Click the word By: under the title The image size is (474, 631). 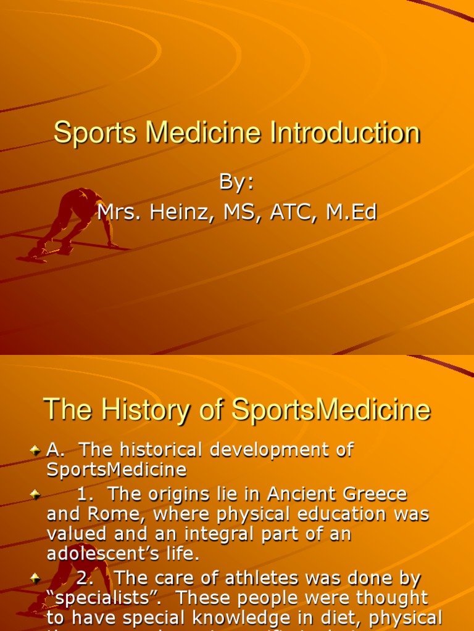pos(236,183)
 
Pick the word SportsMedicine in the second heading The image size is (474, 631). pos(331,409)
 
